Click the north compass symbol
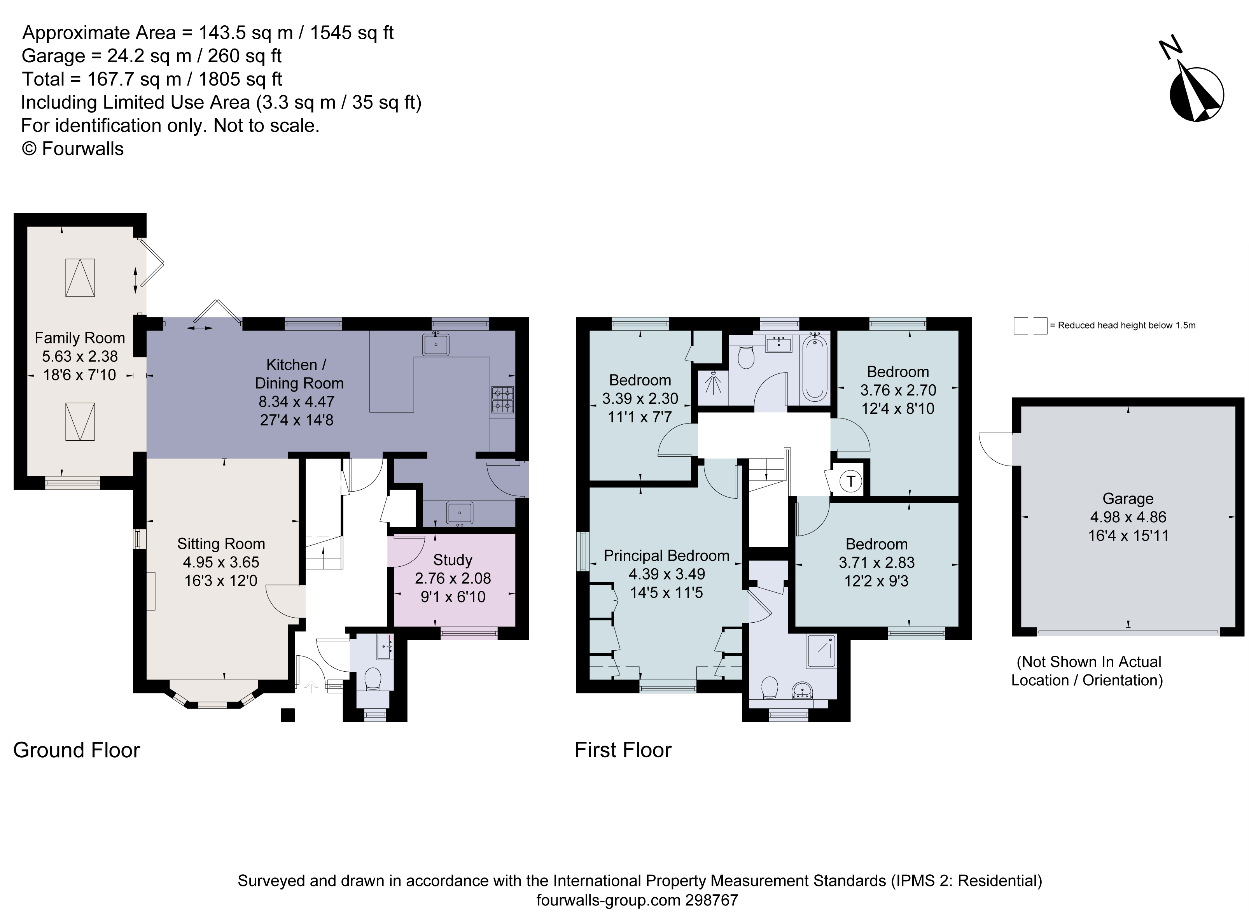[1196, 94]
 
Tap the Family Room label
[80, 338]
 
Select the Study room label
[453, 560]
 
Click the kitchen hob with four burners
[502, 399]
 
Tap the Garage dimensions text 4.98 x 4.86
[1128, 517]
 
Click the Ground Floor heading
[76, 750]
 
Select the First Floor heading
[623, 750]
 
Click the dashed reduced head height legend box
[1030, 326]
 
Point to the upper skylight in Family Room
[80, 278]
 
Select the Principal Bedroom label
[666, 555]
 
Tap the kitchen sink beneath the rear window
[436, 345]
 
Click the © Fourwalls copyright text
[72, 149]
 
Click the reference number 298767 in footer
[711, 900]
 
